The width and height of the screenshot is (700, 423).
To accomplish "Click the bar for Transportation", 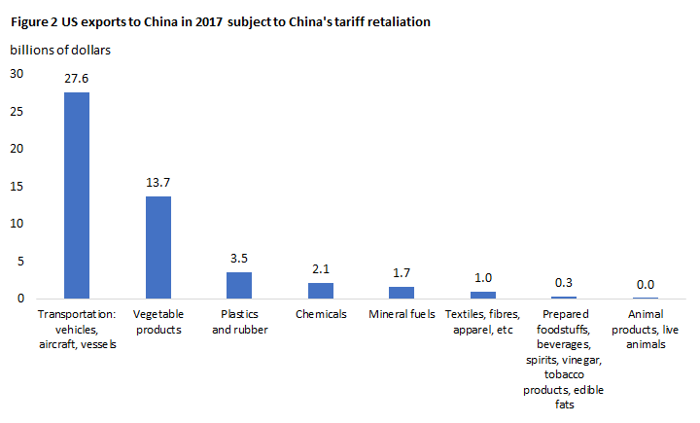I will (x=76, y=194).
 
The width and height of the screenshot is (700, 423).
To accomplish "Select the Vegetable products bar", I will (x=157, y=247).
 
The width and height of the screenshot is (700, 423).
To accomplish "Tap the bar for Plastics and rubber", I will (x=239, y=285).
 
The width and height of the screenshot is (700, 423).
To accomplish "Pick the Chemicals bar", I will (x=320, y=290).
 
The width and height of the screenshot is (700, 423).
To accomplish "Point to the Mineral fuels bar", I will (x=402, y=292).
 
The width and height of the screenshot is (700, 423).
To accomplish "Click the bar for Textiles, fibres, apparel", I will (x=483, y=295).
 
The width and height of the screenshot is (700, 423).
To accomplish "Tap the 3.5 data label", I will (x=239, y=260).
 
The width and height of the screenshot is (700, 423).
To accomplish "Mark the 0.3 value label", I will (x=564, y=283).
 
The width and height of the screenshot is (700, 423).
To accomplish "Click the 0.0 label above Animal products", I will (x=646, y=285).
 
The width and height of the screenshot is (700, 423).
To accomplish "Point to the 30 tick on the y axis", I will (x=17, y=74).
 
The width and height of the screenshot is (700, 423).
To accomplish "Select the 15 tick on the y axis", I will (x=17, y=186).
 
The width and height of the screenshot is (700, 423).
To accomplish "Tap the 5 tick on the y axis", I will (x=19, y=261).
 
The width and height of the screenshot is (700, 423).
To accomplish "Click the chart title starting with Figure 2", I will (x=222, y=20).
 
